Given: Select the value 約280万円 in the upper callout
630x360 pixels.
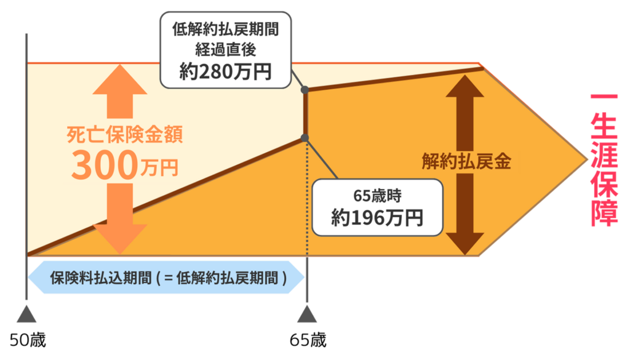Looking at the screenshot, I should point(226,73).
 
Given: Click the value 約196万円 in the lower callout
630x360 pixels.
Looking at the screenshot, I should point(377,218).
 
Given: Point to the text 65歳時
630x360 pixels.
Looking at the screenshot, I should point(377,196).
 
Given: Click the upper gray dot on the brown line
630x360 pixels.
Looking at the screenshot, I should point(306,90).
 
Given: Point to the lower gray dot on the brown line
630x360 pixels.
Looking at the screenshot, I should point(306,137).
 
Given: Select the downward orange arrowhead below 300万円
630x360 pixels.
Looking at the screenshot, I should point(119,239).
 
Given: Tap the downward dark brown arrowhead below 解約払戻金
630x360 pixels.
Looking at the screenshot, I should point(466,243).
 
